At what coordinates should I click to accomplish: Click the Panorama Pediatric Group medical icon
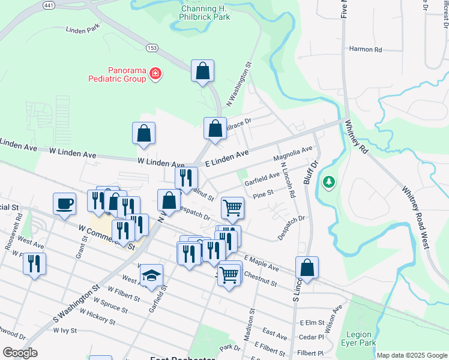(155, 73)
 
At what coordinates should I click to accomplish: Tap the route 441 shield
(49, 5)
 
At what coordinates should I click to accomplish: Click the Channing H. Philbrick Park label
(205, 13)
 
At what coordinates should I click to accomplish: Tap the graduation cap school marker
(151, 275)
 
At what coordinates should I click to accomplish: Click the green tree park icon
(328, 181)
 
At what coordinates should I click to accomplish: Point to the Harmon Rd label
(366, 49)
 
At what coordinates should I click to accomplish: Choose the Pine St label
(264, 193)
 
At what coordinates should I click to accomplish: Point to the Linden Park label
(82, 28)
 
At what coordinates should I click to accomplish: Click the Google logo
(20, 353)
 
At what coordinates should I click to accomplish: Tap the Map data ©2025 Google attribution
(411, 355)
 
